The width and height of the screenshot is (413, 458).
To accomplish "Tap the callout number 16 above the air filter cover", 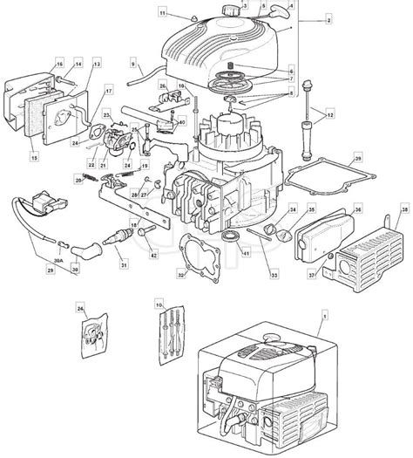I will click(x=59, y=65).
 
